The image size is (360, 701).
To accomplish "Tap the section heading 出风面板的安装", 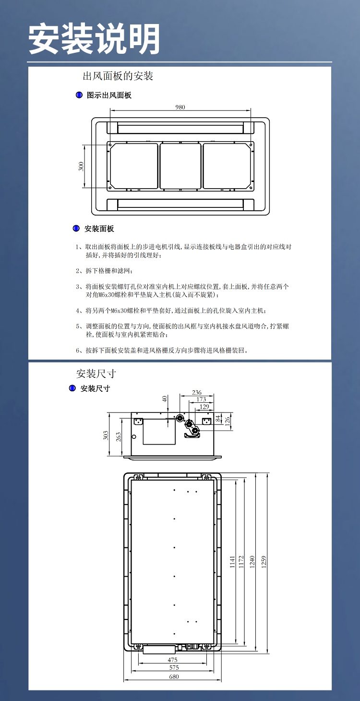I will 118,76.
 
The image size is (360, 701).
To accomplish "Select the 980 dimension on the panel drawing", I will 180,107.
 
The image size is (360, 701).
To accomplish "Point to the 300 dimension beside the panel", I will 81,166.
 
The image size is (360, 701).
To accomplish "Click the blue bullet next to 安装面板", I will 76,229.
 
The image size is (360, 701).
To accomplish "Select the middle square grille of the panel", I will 180,166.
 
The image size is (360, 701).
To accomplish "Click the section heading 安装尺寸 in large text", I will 96,374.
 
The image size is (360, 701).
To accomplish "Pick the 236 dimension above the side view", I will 196,392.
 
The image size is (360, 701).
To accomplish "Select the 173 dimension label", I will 201,399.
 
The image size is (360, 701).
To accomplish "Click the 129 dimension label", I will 204,407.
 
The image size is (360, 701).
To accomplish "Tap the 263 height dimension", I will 119,436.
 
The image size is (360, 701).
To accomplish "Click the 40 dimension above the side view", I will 165,399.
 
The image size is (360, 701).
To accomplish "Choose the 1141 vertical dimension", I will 232,562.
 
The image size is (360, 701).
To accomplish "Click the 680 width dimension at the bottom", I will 173,677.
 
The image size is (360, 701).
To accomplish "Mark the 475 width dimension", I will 173,660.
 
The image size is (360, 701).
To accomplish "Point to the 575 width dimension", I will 174,668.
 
